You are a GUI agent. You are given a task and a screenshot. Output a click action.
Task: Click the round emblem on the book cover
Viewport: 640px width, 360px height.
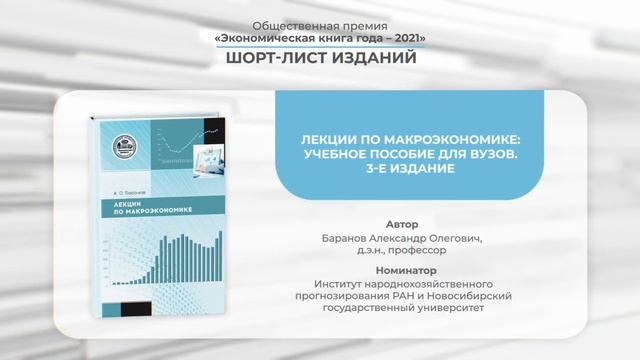point(128,147)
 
